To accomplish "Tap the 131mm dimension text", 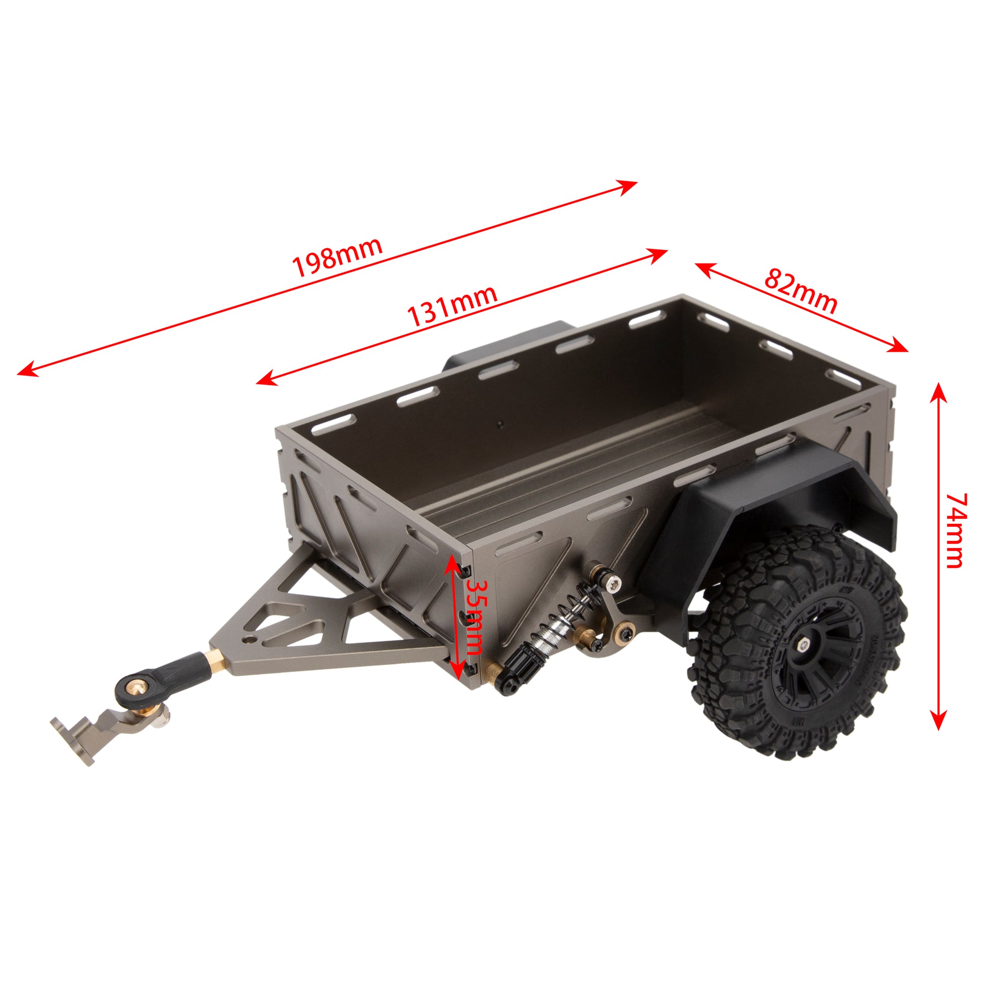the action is [x=452, y=307].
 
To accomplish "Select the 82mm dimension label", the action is [x=800, y=291].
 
